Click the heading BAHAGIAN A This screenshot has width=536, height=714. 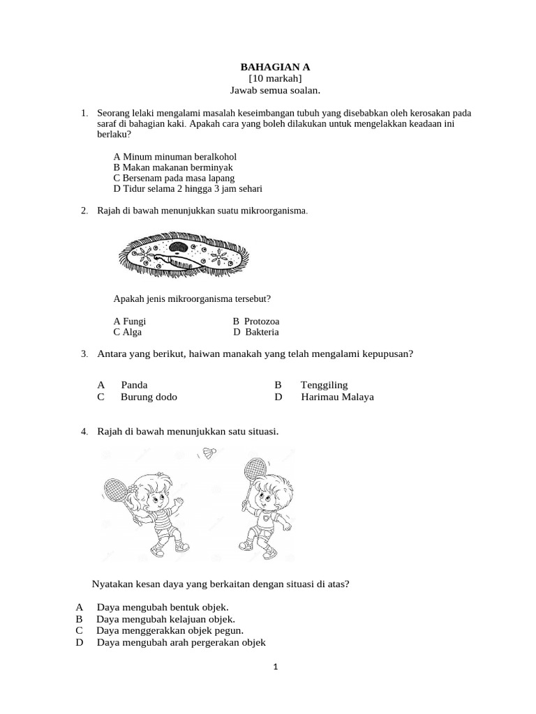[275, 67]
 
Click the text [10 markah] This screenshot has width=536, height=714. [275, 79]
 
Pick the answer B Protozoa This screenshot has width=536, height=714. [256, 321]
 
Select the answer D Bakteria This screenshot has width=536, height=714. [256, 332]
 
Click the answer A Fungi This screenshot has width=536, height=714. [130, 321]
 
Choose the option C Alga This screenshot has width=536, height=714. [128, 332]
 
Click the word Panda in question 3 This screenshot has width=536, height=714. [134, 385]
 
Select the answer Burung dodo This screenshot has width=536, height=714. [149, 397]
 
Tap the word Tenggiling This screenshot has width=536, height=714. [324, 385]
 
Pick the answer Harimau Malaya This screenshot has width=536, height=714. [337, 397]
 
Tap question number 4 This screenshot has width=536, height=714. [84, 432]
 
